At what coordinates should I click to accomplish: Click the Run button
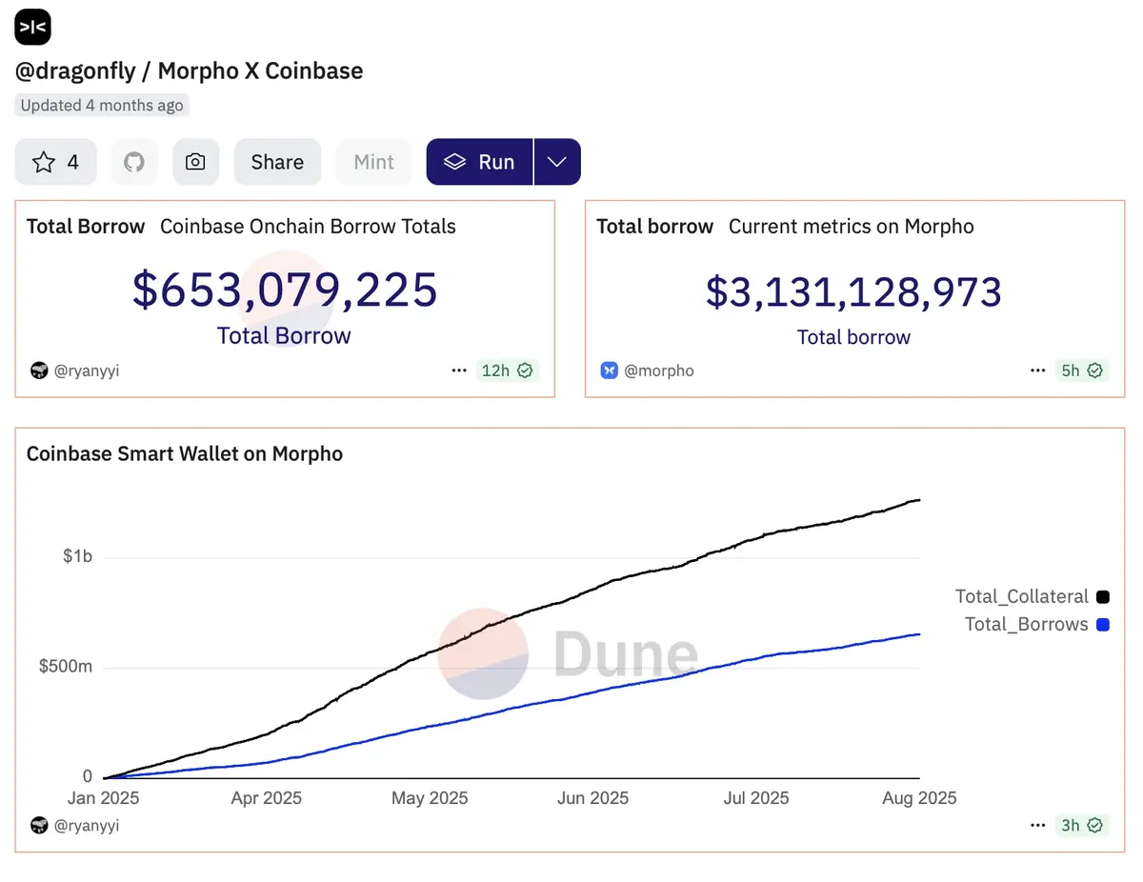(x=479, y=162)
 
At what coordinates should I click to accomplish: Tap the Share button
(x=277, y=162)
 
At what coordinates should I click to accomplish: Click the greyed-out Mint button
(x=373, y=162)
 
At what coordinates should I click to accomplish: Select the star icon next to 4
(x=44, y=162)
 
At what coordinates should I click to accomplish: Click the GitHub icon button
(x=134, y=162)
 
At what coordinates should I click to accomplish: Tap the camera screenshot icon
(x=195, y=162)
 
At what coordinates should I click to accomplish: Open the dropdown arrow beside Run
(x=557, y=162)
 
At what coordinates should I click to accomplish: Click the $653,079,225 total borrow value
(x=284, y=290)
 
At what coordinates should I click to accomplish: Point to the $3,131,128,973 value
(x=853, y=292)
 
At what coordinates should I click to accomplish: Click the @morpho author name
(x=658, y=371)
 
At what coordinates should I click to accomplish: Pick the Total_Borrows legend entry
(x=1026, y=624)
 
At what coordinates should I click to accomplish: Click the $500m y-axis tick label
(x=66, y=666)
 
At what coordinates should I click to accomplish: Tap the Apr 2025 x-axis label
(x=266, y=798)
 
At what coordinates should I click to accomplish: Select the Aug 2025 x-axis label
(x=919, y=798)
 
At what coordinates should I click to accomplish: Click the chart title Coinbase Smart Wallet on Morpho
(x=184, y=453)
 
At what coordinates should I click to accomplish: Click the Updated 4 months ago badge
(x=102, y=105)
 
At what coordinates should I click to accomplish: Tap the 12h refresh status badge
(x=507, y=371)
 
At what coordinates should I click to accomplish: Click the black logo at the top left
(x=32, y=27)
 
